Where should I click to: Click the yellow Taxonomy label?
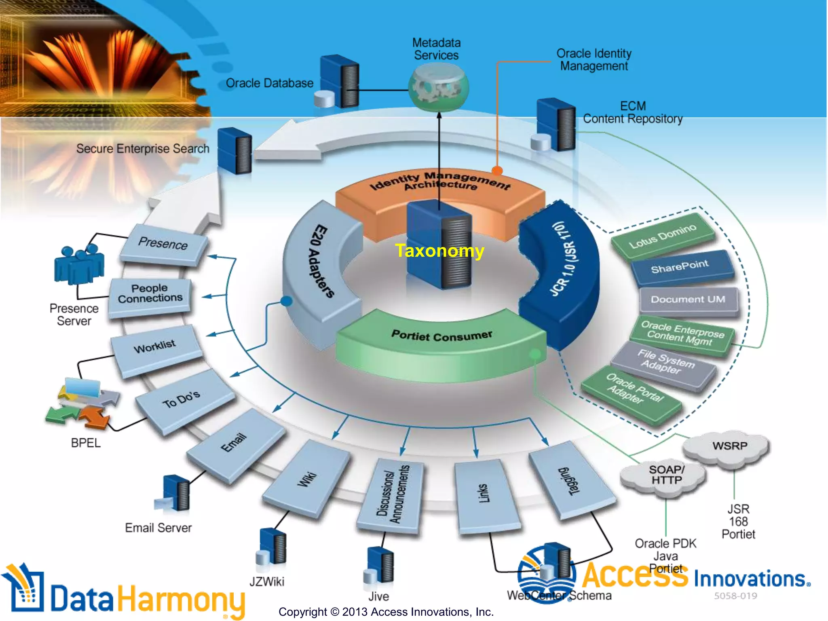[439, 251]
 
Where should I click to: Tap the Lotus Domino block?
[663, 236]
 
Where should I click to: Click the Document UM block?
[688, 300]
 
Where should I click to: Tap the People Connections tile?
[150, 294]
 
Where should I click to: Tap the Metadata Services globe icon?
[438, 89]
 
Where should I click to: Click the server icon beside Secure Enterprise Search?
[235, 150]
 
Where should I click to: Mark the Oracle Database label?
[269, 83]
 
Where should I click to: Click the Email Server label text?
[158, 528]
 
